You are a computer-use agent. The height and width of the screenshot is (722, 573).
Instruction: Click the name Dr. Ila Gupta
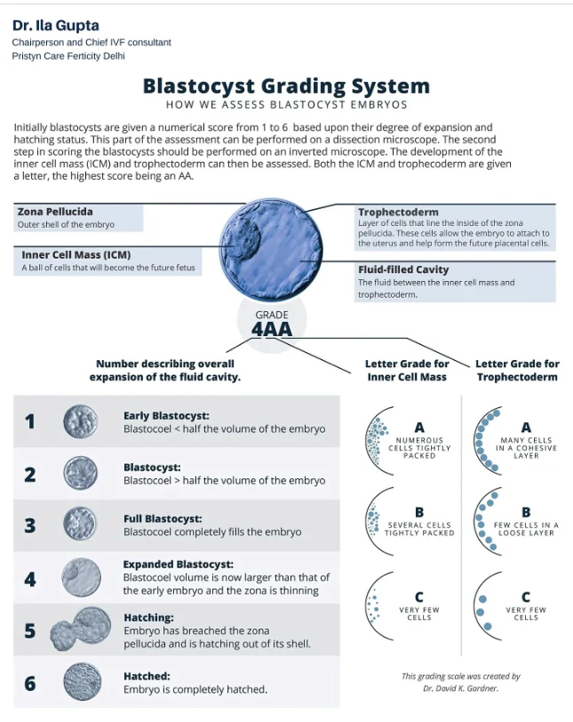click(55, 25)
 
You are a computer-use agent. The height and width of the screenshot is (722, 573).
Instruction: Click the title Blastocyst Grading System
click(286, 86)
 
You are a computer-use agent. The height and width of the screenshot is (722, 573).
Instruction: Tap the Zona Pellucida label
click(55, 212)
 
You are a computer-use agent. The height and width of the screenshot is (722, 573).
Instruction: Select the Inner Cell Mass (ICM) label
click(76, 255)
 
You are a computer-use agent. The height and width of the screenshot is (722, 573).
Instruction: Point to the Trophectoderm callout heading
click(398, 213)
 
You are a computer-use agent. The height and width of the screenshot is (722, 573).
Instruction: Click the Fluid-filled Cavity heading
click(403, 269)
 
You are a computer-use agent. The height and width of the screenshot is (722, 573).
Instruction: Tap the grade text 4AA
click(272, 329)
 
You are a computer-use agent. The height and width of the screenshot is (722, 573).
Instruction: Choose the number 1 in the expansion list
click(30, 421)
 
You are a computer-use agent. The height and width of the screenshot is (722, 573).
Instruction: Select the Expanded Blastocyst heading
click(179, 564)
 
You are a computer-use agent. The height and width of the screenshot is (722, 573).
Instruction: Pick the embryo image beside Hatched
click(80, 682)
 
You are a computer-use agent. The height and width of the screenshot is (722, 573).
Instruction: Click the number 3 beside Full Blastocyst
click(30, 525)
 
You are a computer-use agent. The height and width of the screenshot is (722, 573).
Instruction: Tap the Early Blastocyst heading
click(166, 415)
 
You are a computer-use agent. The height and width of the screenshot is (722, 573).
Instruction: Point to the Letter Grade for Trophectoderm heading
click(517, 370)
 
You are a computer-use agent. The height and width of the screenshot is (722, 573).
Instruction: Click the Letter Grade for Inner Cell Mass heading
click(407, 370)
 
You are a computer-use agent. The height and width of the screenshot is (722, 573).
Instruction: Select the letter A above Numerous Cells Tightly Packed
click(419, 428)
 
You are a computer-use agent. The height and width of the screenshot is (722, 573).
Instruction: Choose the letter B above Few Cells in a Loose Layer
click(526, 512)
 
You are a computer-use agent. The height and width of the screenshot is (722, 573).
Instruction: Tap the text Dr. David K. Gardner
click(461, 687)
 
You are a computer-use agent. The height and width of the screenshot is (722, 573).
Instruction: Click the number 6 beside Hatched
click(30, 682)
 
